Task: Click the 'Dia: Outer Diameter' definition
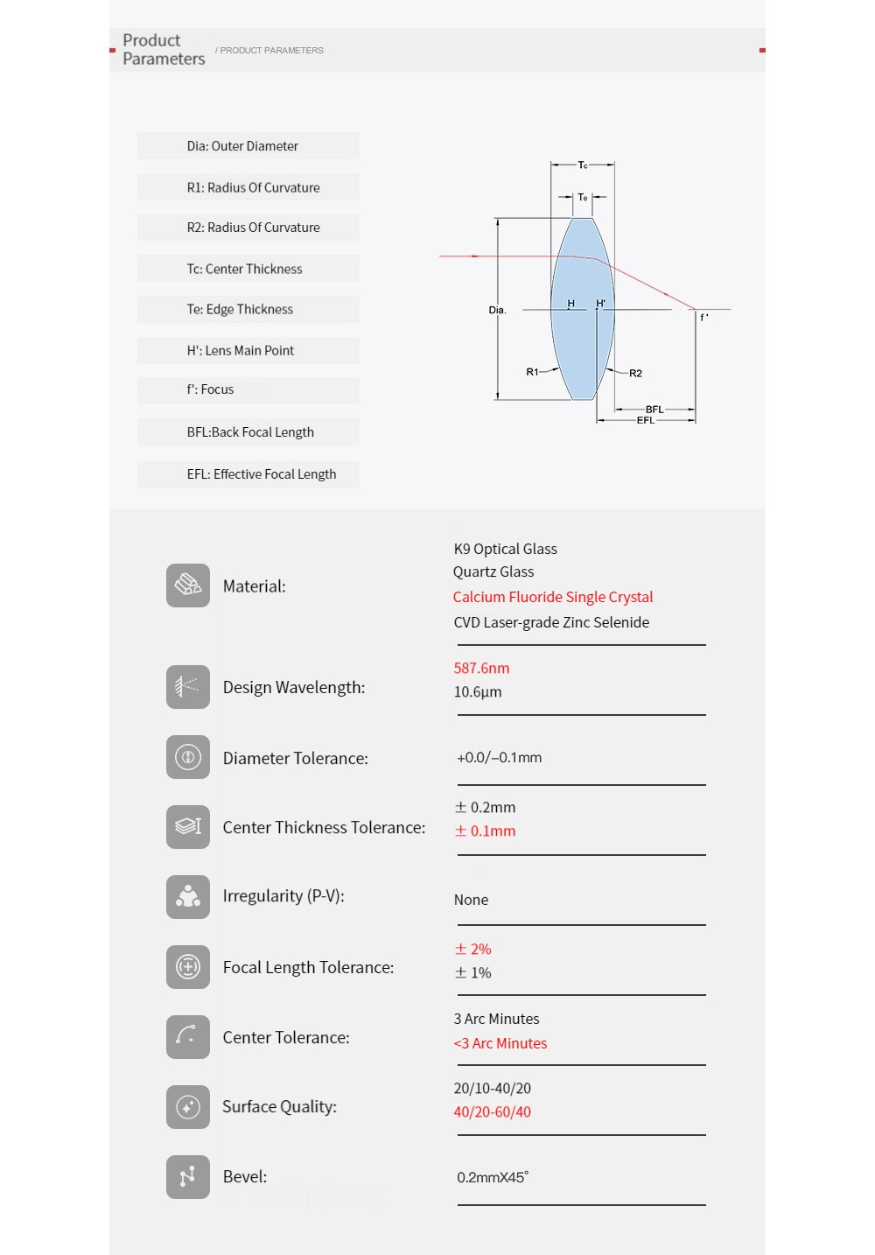(242, 146)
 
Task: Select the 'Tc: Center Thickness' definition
(244, 269)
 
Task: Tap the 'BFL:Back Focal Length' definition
(250, 432)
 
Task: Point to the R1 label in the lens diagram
(532, 372)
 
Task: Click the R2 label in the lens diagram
(635, 374)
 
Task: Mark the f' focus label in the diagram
(704, 318)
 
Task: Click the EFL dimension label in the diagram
(645, 421)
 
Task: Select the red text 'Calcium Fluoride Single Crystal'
(553, 597)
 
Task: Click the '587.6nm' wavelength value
(481, 668)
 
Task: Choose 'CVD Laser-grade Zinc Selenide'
(551, 622)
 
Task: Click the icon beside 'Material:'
(188, 585)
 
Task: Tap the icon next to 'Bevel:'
(188, 1177)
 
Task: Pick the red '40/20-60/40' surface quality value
(492, 1111)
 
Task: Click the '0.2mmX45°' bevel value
(493, 1177)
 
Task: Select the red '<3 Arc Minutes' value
(500, 1043)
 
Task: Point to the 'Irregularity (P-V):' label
(283, 896)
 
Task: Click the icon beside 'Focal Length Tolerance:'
(188, 967)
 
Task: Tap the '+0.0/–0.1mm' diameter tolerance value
(499, 758)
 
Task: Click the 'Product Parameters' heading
(164, 50)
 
